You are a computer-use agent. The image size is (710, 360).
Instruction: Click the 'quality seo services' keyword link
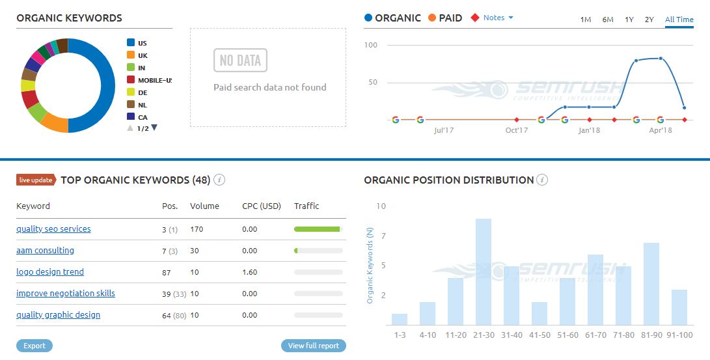(x=53, y=229)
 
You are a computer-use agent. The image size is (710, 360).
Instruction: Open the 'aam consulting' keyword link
(x=45, y=251)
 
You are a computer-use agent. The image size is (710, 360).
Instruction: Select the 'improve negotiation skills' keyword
(x=66, y=294)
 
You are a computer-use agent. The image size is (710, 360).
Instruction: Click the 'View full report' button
(x=314, y=346)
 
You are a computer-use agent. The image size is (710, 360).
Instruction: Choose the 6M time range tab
(x=608, y=20)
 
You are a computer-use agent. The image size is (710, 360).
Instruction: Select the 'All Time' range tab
(x=679, y=20)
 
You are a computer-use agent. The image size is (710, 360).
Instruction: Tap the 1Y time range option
(x=629, y=20)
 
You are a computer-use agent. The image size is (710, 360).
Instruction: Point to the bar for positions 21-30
(x=483, y=272)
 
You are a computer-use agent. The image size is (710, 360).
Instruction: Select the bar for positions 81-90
(x=651, y=284)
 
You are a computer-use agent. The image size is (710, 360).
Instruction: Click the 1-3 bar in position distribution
(x=400, y=319)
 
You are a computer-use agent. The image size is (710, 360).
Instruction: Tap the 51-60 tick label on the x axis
(x=567, y=335)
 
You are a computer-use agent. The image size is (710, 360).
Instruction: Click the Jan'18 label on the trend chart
(x=589, y=130)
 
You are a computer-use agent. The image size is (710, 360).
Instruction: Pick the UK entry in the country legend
(x=143, y=55)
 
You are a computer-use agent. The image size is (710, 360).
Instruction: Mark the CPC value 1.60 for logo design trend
(x=249, y=272)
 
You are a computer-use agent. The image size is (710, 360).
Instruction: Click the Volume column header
(x=204, y=206)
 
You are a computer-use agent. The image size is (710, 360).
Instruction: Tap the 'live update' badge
(x=36, y=180)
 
